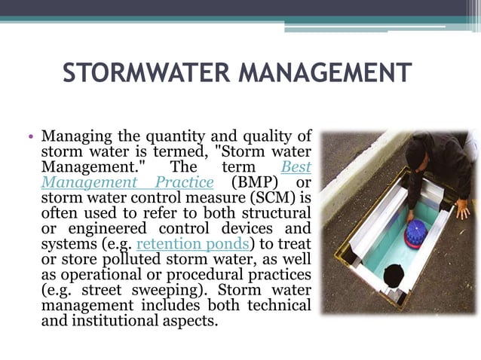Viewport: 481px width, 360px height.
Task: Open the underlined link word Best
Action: [296, 166]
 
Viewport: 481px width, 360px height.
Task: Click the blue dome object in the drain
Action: [415, 233]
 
